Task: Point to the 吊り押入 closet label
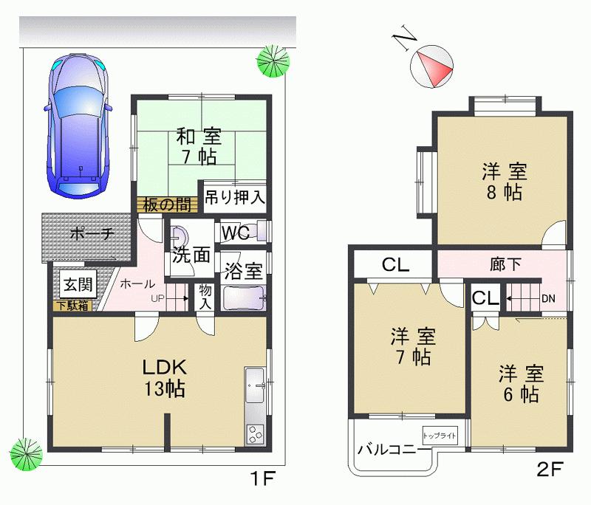[x=234, y=197]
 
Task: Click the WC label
[x=234, y=233]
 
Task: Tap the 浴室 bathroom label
[x=244, y=270]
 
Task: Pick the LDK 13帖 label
[x=165, y=377]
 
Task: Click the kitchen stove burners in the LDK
[x=254, y=433]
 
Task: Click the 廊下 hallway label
[x=505, y=264]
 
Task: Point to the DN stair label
[x=549, y=298]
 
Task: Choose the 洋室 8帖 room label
[x=504, y=182]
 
